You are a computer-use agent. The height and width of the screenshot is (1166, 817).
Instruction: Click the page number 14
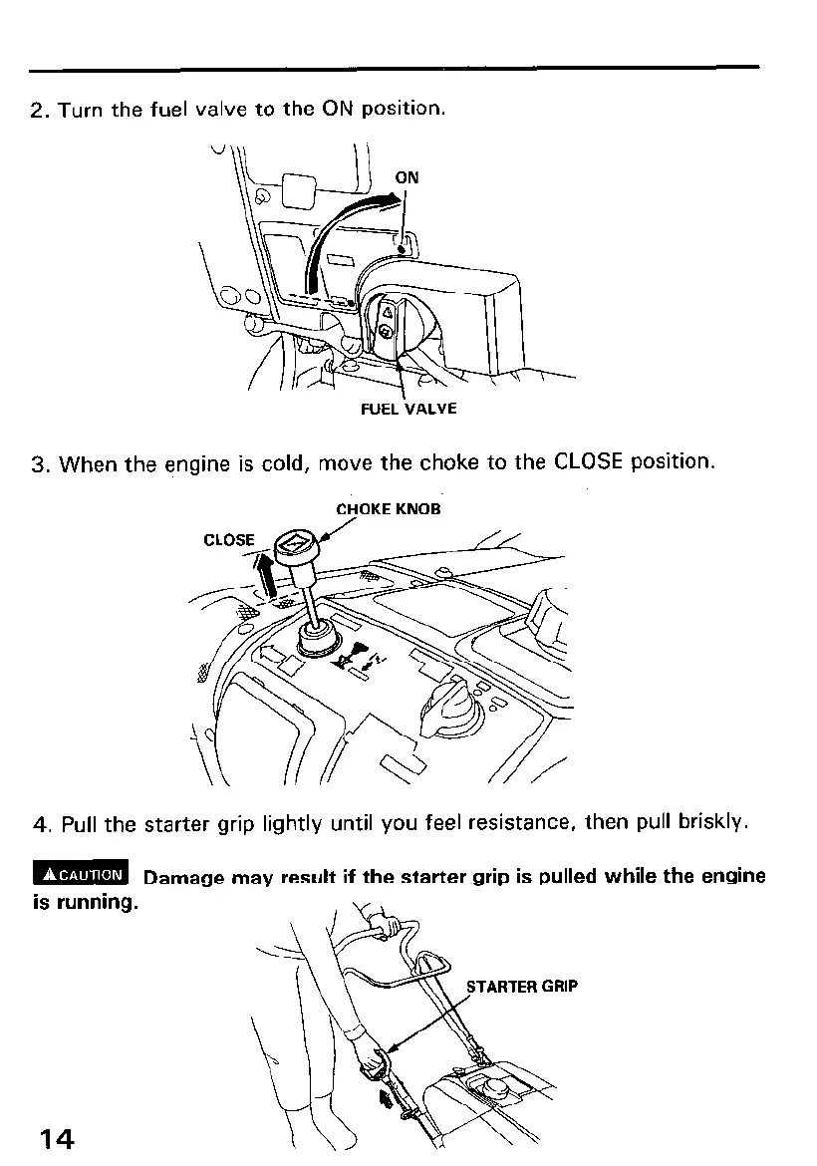(56, 1138)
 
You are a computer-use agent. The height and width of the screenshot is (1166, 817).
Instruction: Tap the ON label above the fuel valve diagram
(408, 177)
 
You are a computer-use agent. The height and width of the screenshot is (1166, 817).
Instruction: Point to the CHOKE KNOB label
(389, 509)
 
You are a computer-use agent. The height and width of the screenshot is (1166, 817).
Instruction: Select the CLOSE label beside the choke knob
(229, 539)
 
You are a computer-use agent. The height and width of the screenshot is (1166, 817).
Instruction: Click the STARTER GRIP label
(522, 987)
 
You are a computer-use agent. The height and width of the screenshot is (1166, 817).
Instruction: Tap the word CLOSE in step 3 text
(588, 462)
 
